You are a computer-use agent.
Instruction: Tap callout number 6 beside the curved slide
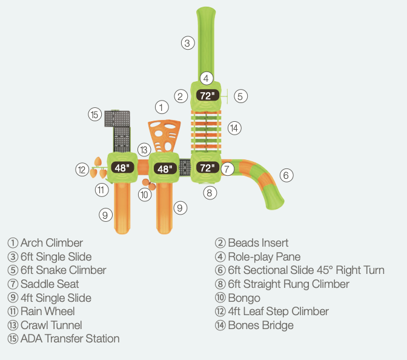pos(287,176)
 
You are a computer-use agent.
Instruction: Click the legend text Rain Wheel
pos(47,312)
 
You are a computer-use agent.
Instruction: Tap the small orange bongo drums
pos(148,184)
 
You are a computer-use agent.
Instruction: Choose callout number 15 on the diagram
pos(94,115)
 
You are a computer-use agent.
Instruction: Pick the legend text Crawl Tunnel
pos(51,325)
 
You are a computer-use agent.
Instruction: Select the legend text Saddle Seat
pos(50,284)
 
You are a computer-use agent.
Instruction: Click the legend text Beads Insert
pos(258,243)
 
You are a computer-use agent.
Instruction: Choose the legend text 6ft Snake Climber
pos(63,270)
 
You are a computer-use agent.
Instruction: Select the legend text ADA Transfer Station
pos(70,339)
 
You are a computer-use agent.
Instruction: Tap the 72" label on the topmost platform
pos(207,95)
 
